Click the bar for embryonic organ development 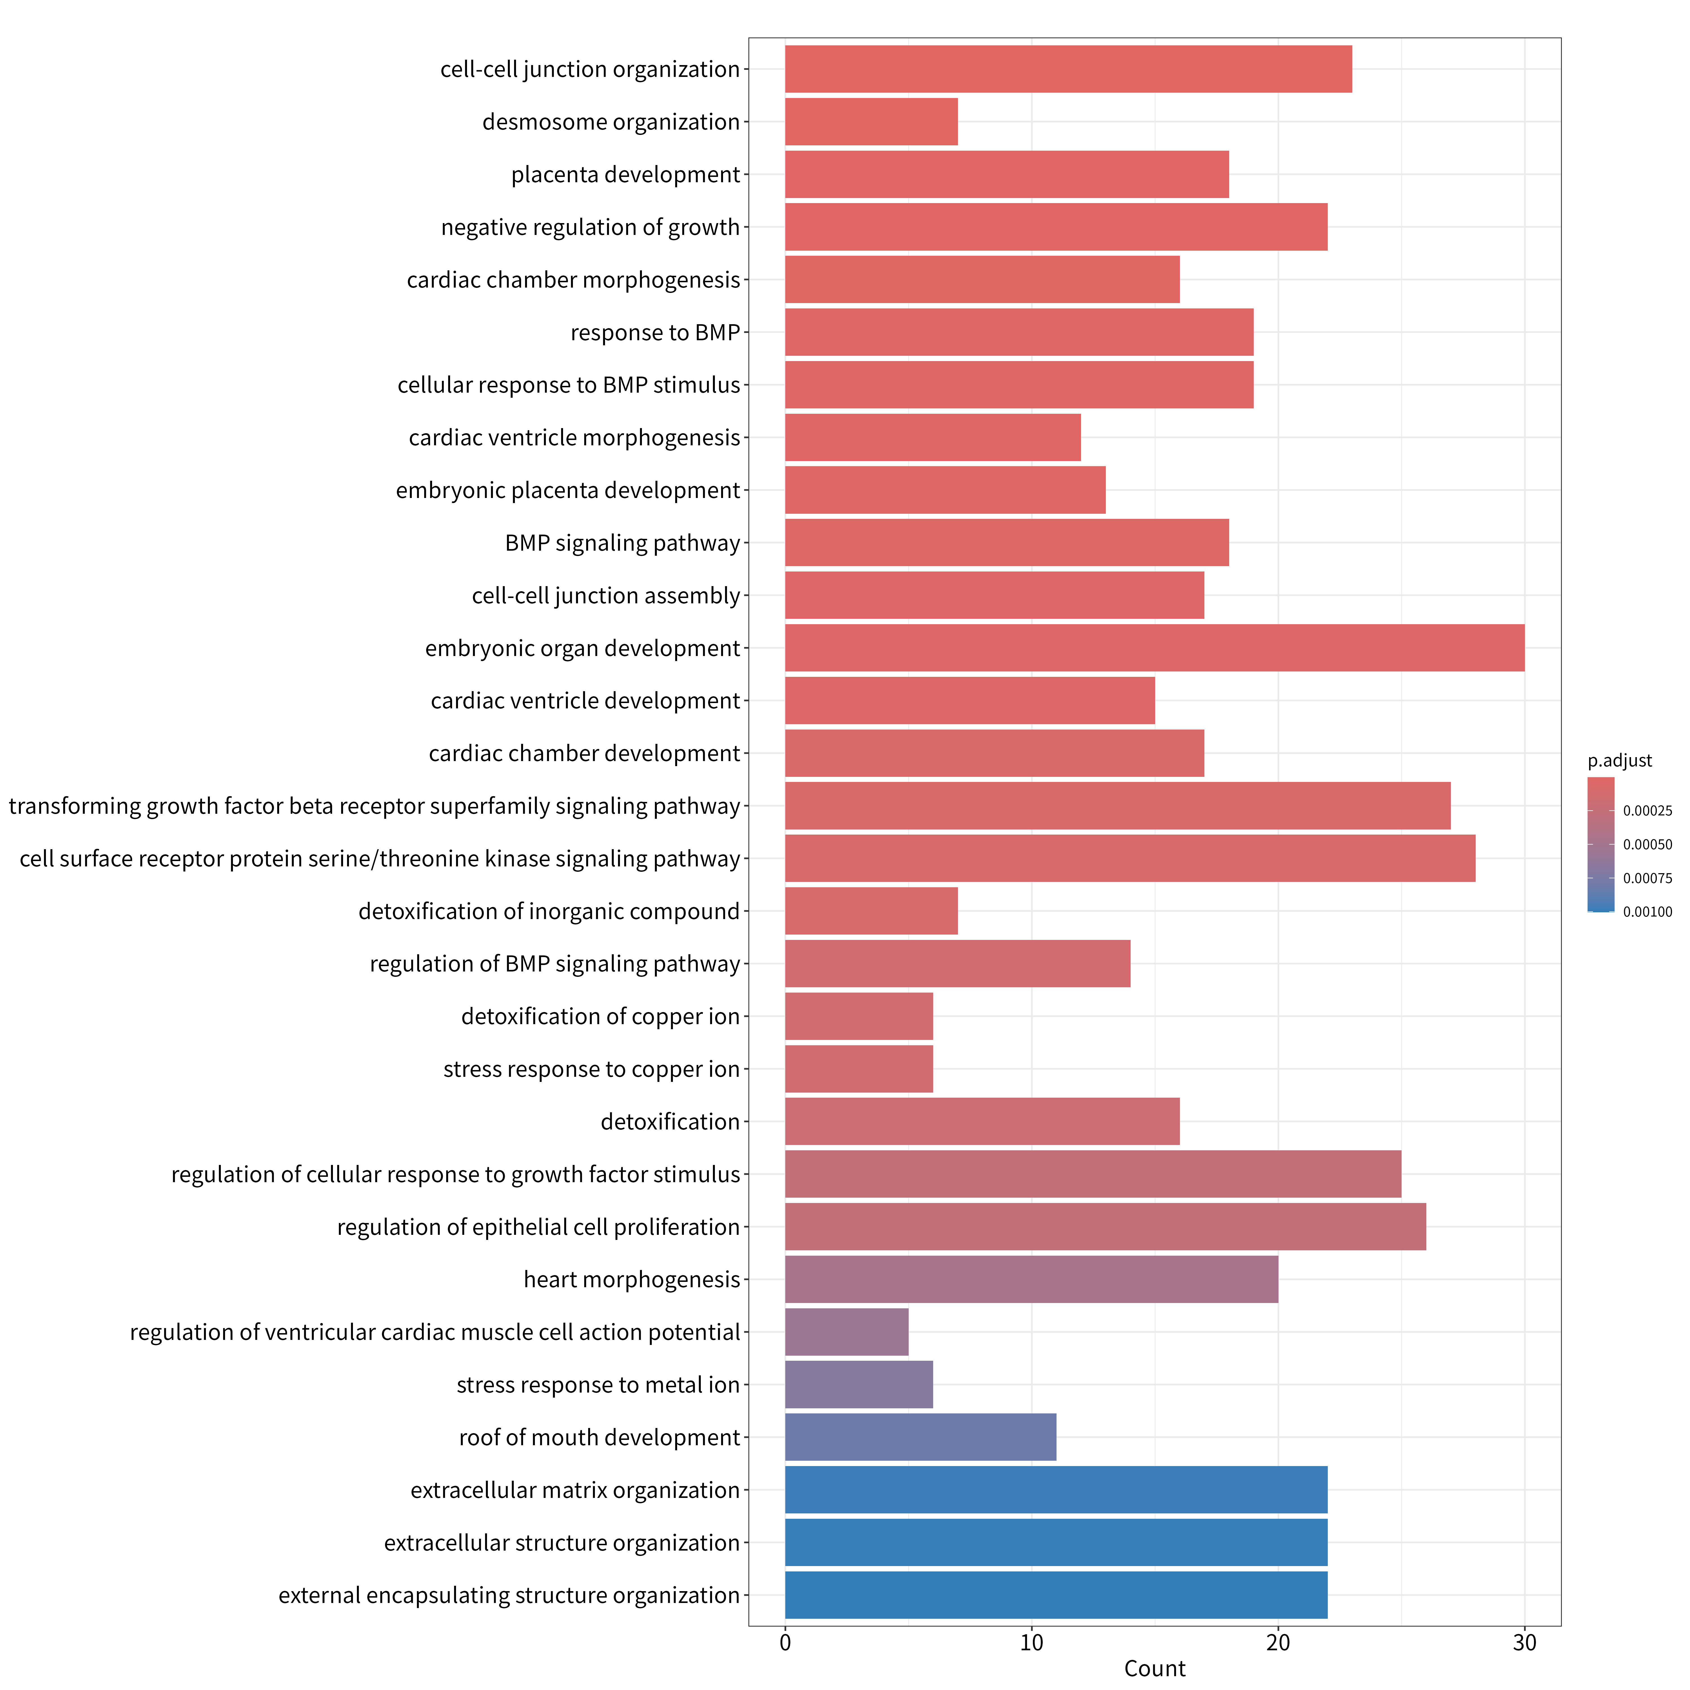pyautogui.click(x=1155, y=648)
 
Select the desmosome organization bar pyautogui.click(x=871, y=122)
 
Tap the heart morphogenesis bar pyautogui.click(x=1031, y=1280)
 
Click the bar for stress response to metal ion pyautogui.click(x=859, y=1385)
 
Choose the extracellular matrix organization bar pyautogui.click(x=1056, y=1490)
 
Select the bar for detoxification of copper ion pyautogui.click(x=859, y=1017)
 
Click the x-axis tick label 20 pyautogui.click(x=1278, y=1643)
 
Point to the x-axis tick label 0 pyautogui.click(x=786, y=1643)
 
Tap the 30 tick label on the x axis pyautogui.click(x=1525, y=1643)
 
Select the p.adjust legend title pyautogui.click(x=1620, y=761)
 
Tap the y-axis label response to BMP pyautogui.click(x=655, y=332)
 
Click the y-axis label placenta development pyautogui.click(x=625, y=175)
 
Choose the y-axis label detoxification pyautogui.click(x=670, y=1121)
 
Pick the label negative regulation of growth pyautogui.click(x=590, y=227)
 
